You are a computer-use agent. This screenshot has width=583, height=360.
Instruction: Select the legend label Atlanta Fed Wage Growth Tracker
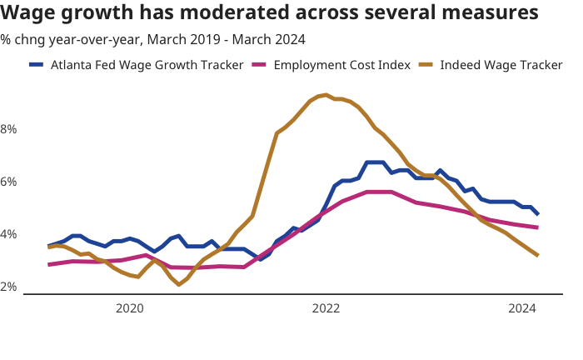coord(147,65)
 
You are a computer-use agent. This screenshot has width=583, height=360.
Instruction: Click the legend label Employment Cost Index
coord(342,65)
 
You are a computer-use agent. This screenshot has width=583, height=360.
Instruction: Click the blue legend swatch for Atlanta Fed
coord(37,65)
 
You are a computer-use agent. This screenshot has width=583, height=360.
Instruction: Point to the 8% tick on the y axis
coord(9,129)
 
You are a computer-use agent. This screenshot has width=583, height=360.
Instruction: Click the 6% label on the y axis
coord(9,182)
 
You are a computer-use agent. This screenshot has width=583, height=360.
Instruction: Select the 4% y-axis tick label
coord(9,234)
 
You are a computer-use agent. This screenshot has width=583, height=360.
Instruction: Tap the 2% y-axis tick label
coord(9,287)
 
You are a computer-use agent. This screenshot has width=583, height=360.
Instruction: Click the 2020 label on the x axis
coord(129,308)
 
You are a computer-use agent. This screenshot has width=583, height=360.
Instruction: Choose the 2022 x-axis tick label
coord(326,308)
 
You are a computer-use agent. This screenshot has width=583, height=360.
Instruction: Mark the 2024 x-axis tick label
coord(522,308)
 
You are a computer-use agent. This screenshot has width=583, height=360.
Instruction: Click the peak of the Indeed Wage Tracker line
coord(326,95)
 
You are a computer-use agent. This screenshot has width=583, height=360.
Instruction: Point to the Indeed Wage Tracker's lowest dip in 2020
coord(179,285)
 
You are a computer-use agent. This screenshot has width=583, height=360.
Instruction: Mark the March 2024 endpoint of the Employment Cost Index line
coord(537,227)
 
